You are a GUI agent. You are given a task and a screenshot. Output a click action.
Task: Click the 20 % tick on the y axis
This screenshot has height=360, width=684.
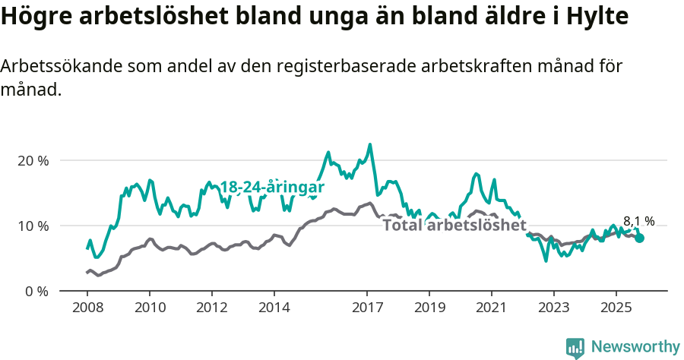pyautogui.click(x=33, y=161)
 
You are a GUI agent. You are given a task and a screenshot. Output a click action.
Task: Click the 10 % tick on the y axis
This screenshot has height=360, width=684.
pyautogui.click(x=33, y=226)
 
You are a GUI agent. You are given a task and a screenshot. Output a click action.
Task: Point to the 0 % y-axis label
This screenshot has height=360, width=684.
pyautogui.click(x=36, y=291)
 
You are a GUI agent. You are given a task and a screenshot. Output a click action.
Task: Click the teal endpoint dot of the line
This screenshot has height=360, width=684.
pyautogui.click(x=639, y=238)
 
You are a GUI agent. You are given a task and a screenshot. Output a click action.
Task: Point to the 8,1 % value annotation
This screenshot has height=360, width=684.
pyautogui.click(x=638, y=222)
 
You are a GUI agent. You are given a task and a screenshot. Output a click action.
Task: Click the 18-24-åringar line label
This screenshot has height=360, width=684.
pyautogui.click(x=272, y=187)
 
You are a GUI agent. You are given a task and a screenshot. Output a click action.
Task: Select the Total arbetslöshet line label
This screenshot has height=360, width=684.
pyautogui.click(x=454, y=226)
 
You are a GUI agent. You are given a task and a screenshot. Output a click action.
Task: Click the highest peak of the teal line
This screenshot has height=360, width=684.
pyautogui.click(x=370, y=144)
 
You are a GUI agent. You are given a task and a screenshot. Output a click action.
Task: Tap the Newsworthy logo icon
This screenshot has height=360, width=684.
pyautogui.click(x=575, y=348)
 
